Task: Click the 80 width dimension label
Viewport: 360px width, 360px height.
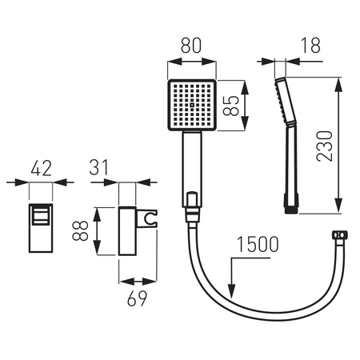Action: tap(191, 46)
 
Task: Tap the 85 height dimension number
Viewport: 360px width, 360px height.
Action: tap(231, 106)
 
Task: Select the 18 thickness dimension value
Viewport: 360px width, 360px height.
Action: tap(310, 46)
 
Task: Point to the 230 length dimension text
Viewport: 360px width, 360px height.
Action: tap(325, 146)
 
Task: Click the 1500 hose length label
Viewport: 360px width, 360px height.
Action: tap(258, 245)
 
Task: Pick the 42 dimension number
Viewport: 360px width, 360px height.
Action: tap(41, 168)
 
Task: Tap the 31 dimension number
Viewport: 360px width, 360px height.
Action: tap(99, 167)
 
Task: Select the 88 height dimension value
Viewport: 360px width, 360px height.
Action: tap(80, 230)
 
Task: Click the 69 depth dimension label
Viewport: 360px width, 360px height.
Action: tap(137, 298)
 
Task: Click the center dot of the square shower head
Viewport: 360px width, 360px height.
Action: tap(192, 105)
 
